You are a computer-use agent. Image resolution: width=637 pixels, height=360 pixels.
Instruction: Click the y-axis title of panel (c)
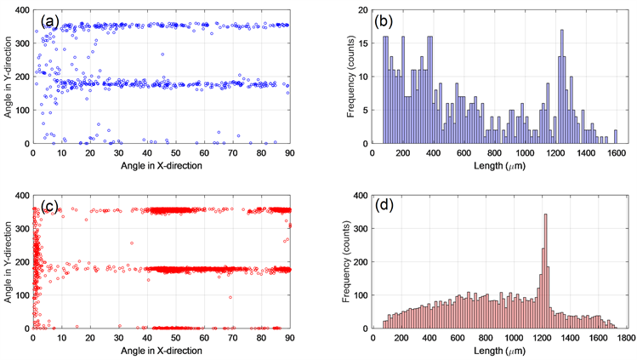8,262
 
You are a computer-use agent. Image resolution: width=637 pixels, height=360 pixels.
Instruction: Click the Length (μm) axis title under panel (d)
499,351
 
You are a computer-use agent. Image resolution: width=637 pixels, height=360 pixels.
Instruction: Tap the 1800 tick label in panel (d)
628,337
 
